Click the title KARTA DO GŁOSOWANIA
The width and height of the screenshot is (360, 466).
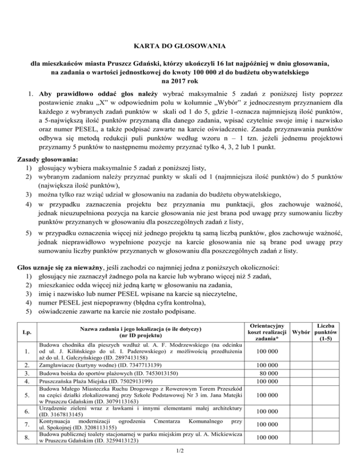pos(180,46)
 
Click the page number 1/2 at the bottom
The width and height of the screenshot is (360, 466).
pos(180,452)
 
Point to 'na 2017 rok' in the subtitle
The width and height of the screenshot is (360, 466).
pos(180,79)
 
